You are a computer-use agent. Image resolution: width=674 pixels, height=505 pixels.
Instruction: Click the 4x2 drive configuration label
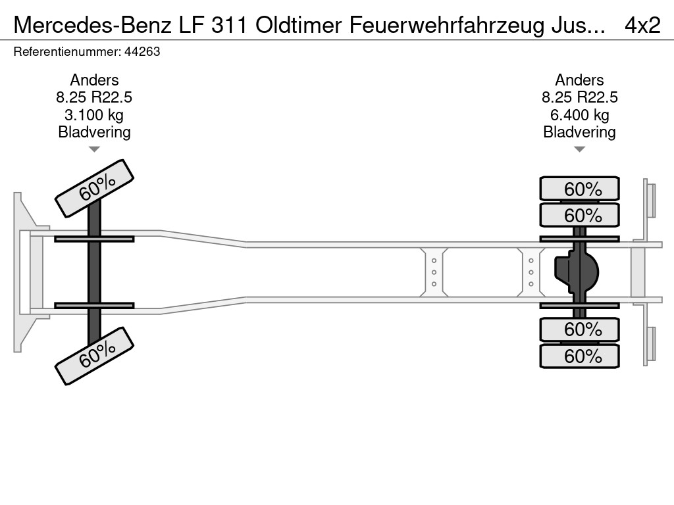(642, 24)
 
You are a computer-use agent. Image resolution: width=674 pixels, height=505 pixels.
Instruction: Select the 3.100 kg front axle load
(94, 115)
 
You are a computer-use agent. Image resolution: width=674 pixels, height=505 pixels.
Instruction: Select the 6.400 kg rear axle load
(579, 115)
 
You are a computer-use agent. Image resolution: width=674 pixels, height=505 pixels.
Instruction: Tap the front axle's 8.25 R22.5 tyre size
(94, 98)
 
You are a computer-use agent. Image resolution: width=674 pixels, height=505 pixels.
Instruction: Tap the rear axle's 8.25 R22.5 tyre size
(579, 98)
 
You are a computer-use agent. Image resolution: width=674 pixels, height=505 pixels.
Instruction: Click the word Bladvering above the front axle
(94, 132)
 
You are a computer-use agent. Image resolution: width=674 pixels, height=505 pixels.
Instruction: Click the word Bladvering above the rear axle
(579, 132)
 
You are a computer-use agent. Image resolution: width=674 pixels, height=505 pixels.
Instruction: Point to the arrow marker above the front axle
(94, 149)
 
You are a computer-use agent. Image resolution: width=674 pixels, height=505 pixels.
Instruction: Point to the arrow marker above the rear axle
(579, 149)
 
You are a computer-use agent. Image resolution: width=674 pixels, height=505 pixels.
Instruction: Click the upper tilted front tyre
(94, 188)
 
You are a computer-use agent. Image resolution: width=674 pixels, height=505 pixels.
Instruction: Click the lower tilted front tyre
(94, 356)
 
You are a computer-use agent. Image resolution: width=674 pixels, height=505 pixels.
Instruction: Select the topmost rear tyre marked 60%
(579, 189)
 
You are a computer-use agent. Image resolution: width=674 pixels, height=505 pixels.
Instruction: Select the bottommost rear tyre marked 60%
(579, 356)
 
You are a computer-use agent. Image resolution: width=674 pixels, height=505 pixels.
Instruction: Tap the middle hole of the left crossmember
(434, 272)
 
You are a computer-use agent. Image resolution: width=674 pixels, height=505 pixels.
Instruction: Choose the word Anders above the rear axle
(579, 80)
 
